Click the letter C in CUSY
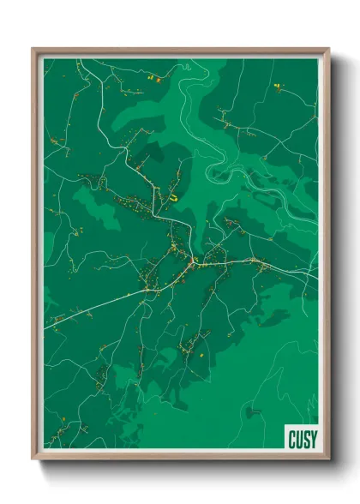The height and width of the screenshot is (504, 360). [291, 438]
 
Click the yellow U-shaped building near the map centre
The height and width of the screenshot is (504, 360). [174, 196]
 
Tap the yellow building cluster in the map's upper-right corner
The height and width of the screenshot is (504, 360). [277, 87]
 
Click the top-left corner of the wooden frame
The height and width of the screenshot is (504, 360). [33, 49]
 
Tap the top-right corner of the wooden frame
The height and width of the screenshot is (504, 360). [328, 49]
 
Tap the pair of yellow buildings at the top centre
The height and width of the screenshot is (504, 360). [151, 78]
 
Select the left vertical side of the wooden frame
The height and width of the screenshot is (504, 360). [36, 257]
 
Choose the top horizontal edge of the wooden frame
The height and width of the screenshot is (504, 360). [180, 51]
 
